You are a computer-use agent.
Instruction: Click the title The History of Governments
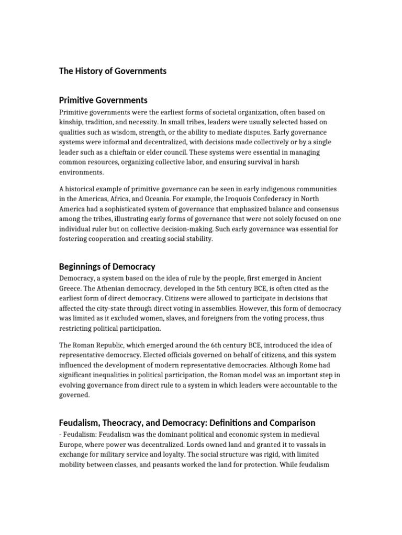click(x=113, y=71)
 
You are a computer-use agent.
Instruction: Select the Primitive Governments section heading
click(x=103, y=100)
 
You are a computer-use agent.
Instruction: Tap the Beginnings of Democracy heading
click(x=107, y=266)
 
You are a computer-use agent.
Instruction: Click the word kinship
click(x=72, y=122)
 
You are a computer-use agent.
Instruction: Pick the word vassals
click(x=314, y=445)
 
